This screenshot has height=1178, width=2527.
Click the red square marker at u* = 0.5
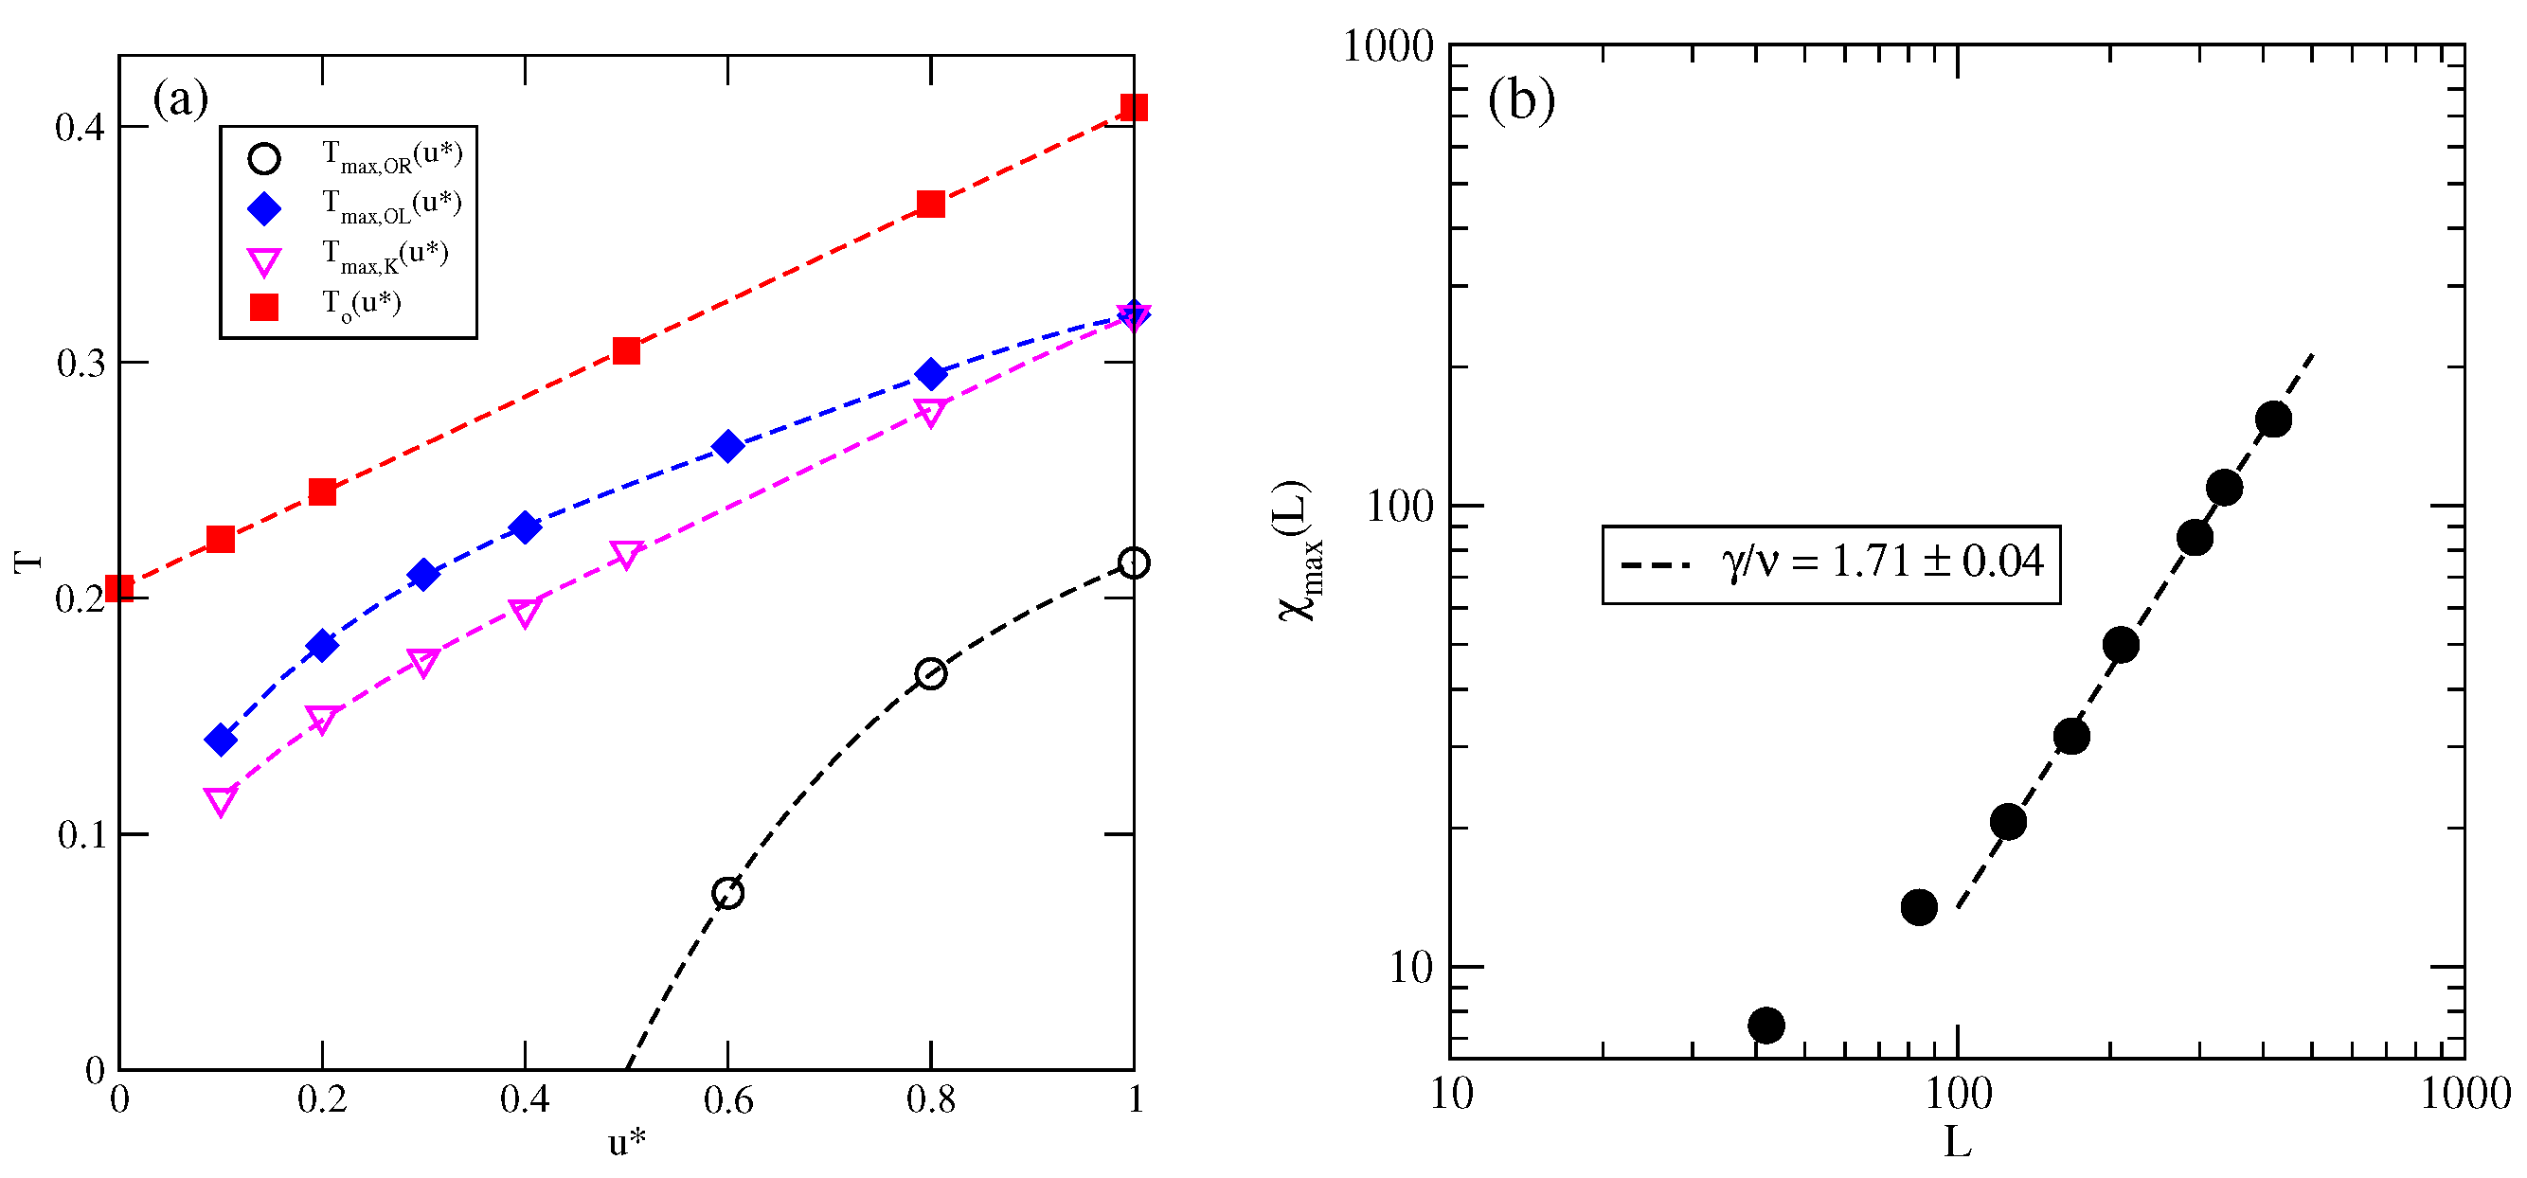point(626,351)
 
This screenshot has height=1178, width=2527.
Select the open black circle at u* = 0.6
point(726,894)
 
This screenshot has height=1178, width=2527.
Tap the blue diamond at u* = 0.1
point(221,740)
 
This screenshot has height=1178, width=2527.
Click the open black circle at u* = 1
point(1133,563)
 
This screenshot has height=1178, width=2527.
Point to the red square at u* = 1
point(1133,107)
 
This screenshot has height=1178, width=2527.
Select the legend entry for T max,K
point(385,256)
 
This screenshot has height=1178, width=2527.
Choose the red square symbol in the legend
point(264,307)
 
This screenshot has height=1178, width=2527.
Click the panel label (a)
point(181,98)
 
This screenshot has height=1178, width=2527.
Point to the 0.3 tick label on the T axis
point(81,364)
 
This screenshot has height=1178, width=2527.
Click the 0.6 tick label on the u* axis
point(726,1100)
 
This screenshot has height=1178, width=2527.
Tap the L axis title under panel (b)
point(1957,1142)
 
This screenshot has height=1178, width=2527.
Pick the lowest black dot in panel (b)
point(1765,1025)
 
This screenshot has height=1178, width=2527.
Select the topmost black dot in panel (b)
point(2273,419)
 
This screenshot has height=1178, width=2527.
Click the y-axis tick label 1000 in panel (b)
point(1387,47)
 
